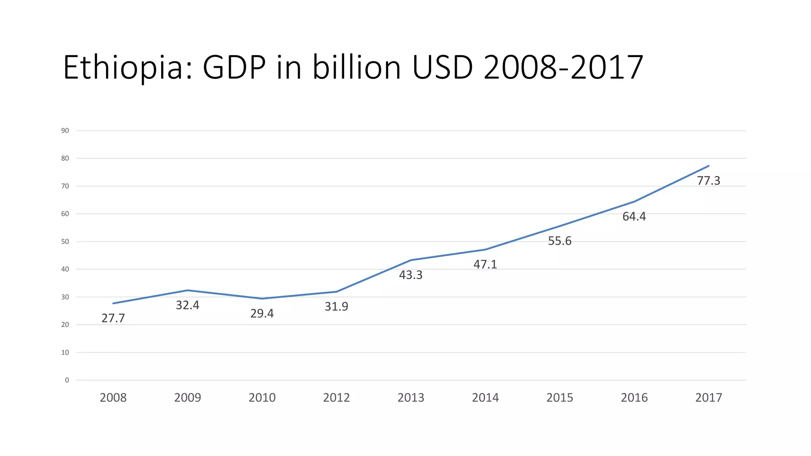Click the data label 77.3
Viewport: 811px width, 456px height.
708,180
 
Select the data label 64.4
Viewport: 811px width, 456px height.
634,217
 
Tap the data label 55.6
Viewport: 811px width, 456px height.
560,241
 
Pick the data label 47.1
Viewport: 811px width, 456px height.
485,264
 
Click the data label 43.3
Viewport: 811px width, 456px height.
411,275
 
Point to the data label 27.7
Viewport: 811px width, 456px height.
113,318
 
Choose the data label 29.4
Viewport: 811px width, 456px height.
262,313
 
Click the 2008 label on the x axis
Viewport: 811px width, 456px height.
113,397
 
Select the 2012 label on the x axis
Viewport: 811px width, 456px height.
336,397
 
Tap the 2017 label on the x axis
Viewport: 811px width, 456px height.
708,397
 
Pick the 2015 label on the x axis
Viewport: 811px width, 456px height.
560,397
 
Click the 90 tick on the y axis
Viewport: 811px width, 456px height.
65,131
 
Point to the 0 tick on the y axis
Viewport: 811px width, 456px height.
67,380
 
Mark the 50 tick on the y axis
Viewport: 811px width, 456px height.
65,241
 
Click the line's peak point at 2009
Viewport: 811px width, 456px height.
187,290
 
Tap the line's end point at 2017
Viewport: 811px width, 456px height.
708,166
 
